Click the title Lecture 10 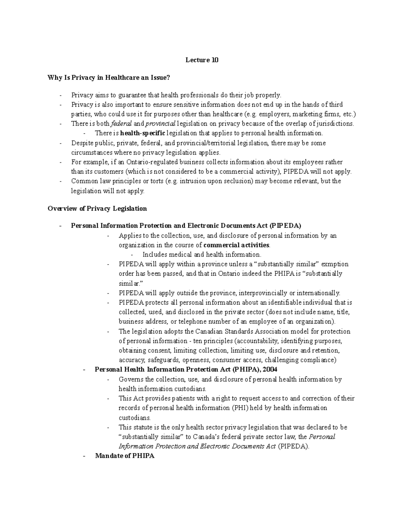pyautogui.click(x=202, y=60)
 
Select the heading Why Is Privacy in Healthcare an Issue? pyautogui.click(x=109, y=78)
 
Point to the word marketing pyautogui.click(x=302, y=114)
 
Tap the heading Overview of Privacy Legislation pyautogui.click(x=97, y=209)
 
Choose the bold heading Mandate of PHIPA pyautogui.click(x=125, y=456)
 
